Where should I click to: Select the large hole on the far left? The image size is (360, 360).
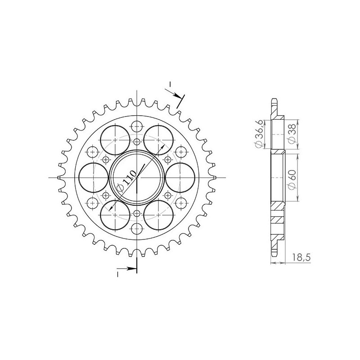click(x=93, y=176)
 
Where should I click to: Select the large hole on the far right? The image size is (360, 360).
click(x=180, y=176)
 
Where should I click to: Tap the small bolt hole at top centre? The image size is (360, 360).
click(x=137, y=126)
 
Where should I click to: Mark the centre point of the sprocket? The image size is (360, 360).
click(x=137, y=177)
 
